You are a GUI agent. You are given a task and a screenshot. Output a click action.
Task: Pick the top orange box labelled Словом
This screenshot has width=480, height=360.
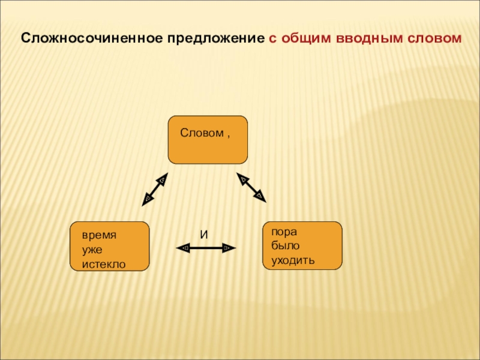pyautogui.click(x=208, y=140)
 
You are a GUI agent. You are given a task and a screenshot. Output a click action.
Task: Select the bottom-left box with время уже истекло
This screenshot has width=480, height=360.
pyautogui.click(x=109, y=246)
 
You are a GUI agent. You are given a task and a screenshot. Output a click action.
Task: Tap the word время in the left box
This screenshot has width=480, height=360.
pyautogui.click(x=100, y=236)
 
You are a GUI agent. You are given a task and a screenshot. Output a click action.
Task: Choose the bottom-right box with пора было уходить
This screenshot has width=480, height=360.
pyautogui.click(x=302, y=245)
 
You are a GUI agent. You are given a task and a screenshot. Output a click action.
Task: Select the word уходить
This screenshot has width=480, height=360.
pyautogui.click(x=293, y=260)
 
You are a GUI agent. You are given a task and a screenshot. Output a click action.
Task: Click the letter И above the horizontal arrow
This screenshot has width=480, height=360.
pyautogui.click(x=203, y=235)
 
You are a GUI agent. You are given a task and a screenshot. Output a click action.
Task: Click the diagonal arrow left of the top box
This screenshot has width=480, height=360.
pyautogui.click(x=155, y=189)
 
